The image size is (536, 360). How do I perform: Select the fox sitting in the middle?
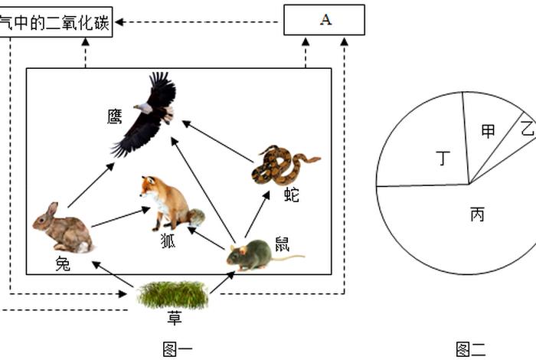click(x=168, y=202)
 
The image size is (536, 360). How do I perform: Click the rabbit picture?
click(x=63, y=229)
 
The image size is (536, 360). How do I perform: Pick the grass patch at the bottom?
click(x=172, y=294)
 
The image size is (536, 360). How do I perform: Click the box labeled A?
click(x=324, y=20)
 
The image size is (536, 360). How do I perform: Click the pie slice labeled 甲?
click(x=488, y=134)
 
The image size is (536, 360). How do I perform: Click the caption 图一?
click(x=178, y=349)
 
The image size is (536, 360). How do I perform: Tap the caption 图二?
click(x=470, y=349)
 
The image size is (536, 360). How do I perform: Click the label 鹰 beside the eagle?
click(x=115, y=116)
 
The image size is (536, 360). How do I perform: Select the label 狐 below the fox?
click(x=168, y=241)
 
